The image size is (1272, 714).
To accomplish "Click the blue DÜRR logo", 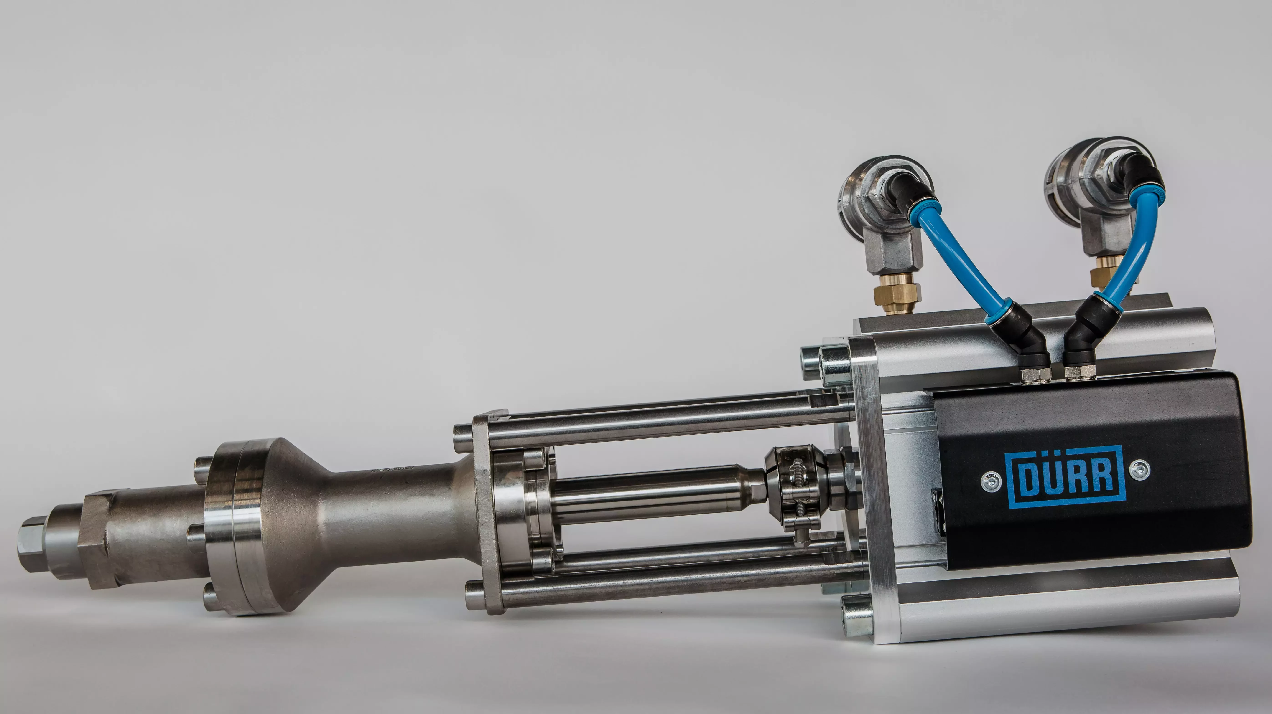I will (1065, 477).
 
